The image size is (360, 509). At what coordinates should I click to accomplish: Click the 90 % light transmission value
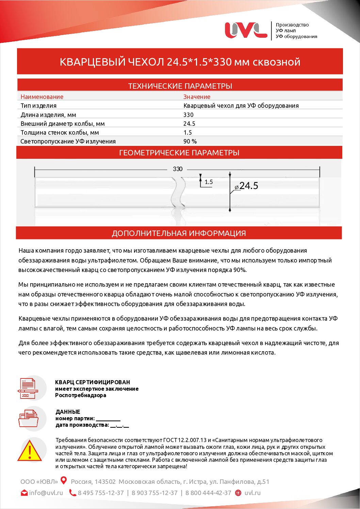click(190, 141)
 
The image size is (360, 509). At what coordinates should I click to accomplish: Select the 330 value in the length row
click(188, 115)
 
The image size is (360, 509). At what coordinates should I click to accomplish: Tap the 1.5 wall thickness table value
click(187, 133)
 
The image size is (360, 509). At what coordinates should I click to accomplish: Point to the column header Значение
click(197, 97)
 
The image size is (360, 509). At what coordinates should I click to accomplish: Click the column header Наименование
click(42, 97)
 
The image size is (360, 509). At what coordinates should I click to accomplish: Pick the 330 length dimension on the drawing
click(178, 169)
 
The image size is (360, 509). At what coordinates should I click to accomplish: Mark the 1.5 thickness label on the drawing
click(209, 182)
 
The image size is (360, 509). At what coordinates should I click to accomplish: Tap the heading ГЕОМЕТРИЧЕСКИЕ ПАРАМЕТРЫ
click(179, 153)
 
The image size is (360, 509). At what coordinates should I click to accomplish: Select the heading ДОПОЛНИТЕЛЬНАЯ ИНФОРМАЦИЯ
click(179, 233)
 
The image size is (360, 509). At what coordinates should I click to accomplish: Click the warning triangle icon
click(30, 451)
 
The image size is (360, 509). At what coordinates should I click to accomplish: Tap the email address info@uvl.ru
click(46, 493)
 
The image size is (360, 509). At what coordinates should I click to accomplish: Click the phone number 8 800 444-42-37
click(208, 493)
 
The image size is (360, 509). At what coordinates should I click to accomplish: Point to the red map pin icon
click(64, 481)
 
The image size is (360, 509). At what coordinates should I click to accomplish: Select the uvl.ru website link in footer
click(252, 493)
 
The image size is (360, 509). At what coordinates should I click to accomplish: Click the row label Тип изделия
click(38, 106)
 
